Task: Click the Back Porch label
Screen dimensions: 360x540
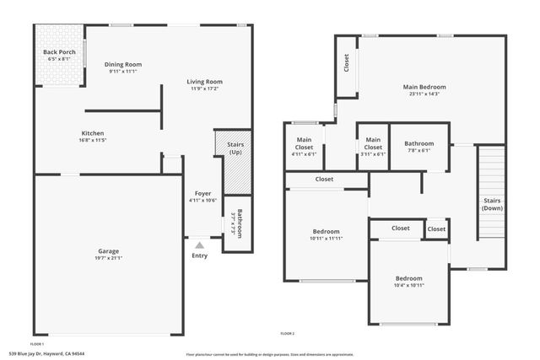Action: point(59,53)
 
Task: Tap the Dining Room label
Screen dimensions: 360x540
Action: point(123,64)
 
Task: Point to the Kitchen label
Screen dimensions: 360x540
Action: point(93,133)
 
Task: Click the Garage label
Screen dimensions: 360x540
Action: point(107,251)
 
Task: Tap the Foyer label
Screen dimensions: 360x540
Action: point(203,193)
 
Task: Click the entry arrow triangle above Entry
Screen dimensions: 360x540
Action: point(199,244)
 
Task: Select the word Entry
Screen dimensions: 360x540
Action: point(199,255)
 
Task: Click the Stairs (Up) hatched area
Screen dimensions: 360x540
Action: point(235,172)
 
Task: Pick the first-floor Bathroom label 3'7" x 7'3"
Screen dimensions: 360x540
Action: point(239,223)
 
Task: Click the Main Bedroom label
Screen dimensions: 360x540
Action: point(424,86)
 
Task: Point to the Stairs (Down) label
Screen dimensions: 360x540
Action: point(492,204)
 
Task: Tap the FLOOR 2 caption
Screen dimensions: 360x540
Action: point(288,334)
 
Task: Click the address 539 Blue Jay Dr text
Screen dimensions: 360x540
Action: point(47,353)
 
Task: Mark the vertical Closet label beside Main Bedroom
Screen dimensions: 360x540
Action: point(347,63)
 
